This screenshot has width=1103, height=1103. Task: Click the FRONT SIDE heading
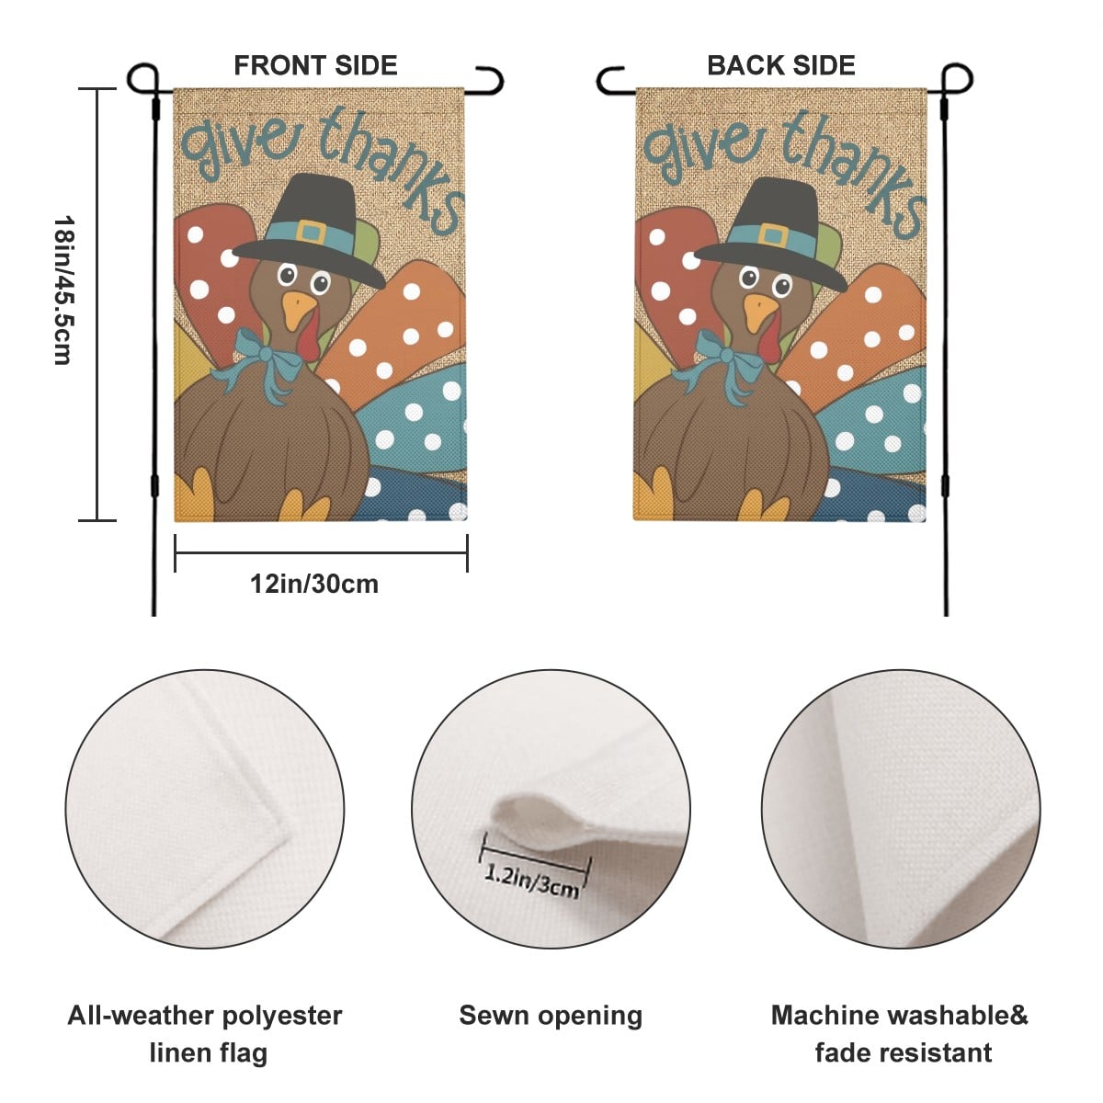(315, 65)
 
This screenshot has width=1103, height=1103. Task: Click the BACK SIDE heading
(781, 65)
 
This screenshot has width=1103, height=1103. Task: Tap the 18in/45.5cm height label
(63, 290)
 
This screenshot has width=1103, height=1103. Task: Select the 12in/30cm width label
(314, 585)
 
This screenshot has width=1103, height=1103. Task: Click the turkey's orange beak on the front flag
(299, 310)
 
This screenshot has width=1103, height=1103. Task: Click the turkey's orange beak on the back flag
(759, 312)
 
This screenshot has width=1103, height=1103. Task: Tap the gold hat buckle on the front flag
(312, 233)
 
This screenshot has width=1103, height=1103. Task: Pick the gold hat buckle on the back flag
(773, 235)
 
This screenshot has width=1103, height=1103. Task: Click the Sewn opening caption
(551, 1016)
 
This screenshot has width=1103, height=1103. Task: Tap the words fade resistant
(904, 1052)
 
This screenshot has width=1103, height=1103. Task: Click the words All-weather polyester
(205, 1017)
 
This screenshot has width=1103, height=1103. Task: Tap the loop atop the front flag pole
(142, 79)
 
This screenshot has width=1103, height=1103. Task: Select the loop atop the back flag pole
(957, 79)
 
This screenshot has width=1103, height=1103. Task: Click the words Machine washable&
(899, 1016)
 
